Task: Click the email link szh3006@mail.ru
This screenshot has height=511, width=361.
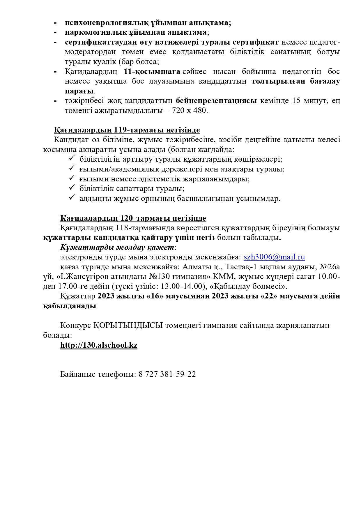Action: coord(274,257)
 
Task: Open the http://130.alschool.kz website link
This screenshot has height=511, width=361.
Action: coord(99,345)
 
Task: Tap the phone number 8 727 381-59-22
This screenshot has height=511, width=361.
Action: coord(167,374)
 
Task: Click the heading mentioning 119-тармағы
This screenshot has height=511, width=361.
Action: coord(127,130)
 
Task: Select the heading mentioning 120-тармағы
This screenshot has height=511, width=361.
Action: coord(133,218)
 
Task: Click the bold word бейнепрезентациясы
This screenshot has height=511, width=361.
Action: coord(216,101)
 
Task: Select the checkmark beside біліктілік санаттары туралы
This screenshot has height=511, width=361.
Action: coord(72,188)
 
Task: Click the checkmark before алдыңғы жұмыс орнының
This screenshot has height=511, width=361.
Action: coord(72,198)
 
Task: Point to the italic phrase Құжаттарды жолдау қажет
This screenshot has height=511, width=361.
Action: coord(117,247)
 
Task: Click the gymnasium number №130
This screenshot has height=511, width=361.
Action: coord(141,277)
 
